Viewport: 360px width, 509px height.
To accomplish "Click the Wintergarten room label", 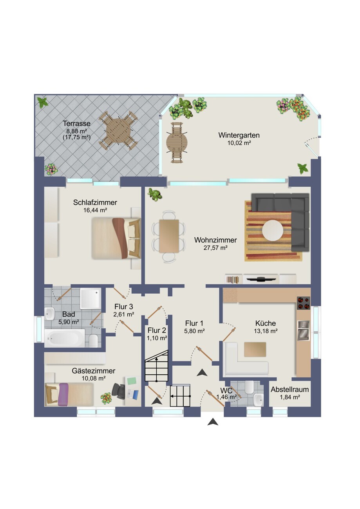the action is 239,135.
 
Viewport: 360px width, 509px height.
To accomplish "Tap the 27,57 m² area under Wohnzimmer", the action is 215,248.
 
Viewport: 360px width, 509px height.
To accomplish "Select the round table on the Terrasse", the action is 119,131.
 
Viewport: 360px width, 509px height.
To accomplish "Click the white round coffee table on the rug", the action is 273,230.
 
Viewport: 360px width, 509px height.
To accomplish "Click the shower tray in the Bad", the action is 90,299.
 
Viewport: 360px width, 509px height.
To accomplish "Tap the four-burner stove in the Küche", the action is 304,303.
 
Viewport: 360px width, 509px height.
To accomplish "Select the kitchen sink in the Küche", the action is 304,330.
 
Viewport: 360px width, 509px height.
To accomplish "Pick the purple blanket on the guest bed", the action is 63,394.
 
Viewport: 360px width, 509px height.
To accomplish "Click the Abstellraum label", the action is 289,389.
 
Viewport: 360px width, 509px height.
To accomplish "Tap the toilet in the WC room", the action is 249,387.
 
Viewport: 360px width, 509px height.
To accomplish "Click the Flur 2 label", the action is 157,330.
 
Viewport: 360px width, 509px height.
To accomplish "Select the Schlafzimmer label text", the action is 95,202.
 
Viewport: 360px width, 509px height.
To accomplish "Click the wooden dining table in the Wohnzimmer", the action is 169,236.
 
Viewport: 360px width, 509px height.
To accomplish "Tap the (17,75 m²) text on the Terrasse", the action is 77,137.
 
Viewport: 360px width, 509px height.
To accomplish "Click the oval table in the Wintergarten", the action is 177,143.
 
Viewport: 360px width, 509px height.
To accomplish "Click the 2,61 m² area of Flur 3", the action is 124,314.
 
